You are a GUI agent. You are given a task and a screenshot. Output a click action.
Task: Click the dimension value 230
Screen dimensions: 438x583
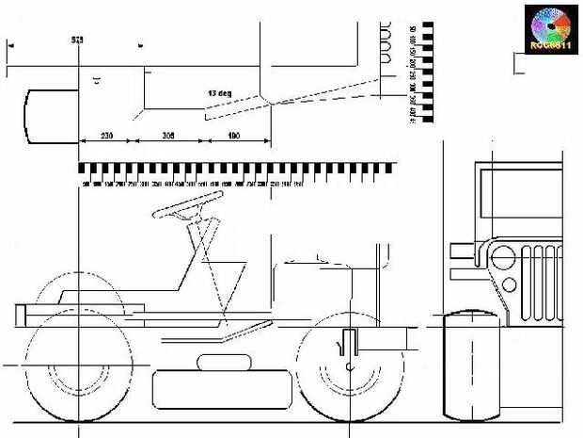point(106,137)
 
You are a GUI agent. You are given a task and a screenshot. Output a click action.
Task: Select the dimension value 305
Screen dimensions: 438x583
point(169,137)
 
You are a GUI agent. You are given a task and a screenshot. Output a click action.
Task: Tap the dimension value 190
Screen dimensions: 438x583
point(234,137)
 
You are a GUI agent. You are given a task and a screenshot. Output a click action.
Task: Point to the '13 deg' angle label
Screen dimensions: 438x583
point(220,94)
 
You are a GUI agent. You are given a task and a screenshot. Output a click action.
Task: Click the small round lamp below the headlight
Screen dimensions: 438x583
point(510,284)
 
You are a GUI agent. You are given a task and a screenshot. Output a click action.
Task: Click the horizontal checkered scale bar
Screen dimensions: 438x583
point(235,170)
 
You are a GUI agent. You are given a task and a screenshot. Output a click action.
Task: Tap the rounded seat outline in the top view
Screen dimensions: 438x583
point(49,116)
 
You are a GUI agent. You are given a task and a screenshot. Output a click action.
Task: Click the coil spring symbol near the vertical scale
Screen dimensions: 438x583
point(386,41)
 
